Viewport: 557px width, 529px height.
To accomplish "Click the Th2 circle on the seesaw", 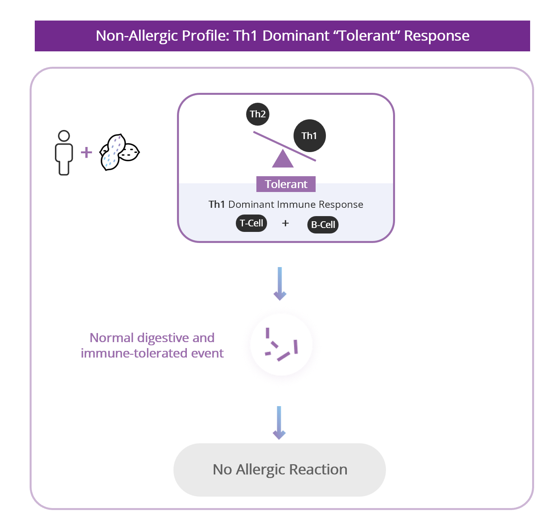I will tap(258, 114).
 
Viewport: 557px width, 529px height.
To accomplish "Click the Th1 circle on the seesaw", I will tap(310, 136).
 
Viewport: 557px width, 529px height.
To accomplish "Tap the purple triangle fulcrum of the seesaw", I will tap(283, 160).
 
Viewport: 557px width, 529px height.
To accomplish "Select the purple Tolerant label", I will tap(286, 184).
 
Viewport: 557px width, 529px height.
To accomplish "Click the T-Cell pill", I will tap(252, 223).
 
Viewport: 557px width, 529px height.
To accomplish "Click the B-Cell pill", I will tap(323, 225).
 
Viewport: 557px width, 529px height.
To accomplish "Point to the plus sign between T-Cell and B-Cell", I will tap(286, 224).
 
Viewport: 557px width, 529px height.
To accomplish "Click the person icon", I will tap(64, 153).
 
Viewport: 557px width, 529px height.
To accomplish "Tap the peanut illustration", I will tap(119, 152).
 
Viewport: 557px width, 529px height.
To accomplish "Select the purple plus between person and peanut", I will tap(87, 152).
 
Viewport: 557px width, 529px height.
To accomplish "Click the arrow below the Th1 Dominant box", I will tap(280, 284).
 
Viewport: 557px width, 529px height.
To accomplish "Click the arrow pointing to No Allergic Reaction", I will tap(279, 423).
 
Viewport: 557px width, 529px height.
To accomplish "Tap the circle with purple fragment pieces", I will tap(281, 345).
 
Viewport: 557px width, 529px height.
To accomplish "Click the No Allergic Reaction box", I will tap(280, 470).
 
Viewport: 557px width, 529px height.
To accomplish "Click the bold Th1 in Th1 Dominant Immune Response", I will tap(216, 205).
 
